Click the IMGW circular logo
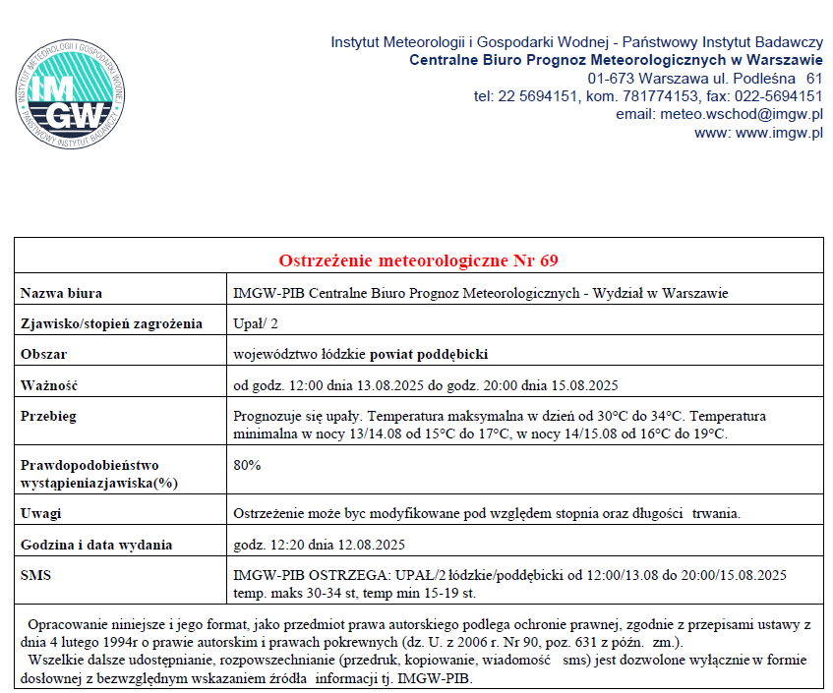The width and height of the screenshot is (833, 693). point(70,94)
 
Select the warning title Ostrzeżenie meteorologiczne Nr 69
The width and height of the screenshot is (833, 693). point(419,260)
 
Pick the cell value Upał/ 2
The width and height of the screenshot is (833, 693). point(256,323)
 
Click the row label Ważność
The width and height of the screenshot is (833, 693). point(49,384)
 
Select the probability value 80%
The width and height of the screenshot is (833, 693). point(247,465)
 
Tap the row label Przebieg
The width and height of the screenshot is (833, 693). point(48,416)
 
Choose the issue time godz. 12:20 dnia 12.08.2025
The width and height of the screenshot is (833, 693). point(319,545)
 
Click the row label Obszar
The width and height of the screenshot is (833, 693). point(45,354)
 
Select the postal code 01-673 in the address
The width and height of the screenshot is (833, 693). point(611,77)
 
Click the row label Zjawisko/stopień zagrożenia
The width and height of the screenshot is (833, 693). point(111,323)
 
